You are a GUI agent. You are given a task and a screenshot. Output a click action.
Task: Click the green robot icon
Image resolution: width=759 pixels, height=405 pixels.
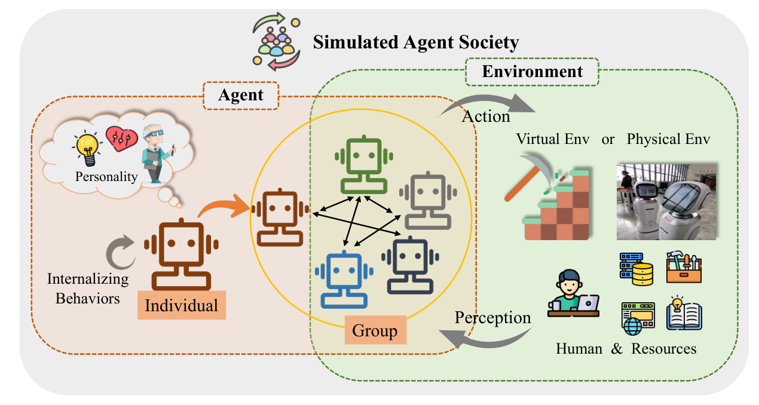pyautogui.click(x=364, y=165)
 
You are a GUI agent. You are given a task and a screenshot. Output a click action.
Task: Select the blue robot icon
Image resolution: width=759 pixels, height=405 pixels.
pyautogui.click(x=344, y=280)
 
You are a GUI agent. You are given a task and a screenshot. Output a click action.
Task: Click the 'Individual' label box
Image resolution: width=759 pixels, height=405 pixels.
pyautogui.click(x=182, y=305)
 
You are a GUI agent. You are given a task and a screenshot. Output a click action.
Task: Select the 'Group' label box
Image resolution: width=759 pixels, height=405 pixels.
pyautogui.click(x=375, y=330)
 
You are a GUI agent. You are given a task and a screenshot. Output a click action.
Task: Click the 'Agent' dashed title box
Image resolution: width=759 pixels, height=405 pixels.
pyautogui.click(x=241, y=95)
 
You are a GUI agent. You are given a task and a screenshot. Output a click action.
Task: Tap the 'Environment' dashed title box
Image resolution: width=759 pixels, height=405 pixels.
pyautogui.click(x=532, y=72)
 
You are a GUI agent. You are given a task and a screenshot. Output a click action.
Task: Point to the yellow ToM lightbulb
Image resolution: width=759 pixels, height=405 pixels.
pyautogui.click(x=88, y=149)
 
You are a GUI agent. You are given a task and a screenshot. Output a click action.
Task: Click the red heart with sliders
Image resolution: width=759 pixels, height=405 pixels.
pyautogui.click(x=122, y=139)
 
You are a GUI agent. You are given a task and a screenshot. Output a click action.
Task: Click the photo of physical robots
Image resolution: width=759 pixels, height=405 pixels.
pyautogui.click(x=666, y=202)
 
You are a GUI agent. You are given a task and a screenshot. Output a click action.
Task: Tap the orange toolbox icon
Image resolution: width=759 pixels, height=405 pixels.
pyautogui.click(x=684, y=267)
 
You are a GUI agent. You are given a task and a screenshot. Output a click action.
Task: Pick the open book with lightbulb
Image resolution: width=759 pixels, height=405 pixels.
pyautogui.click(x=684, y=313)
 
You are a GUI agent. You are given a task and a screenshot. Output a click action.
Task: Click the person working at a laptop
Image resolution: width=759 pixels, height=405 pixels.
pyautogui.click(x=573, y=293)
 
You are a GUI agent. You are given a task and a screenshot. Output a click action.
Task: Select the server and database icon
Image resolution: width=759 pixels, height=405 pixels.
pyautogui.click(x=636, y=269)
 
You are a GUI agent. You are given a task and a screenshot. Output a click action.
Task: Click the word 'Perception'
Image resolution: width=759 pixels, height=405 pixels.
pyautogui.click(x=492, y=318)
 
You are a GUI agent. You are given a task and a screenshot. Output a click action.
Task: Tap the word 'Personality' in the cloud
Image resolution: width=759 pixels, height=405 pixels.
pyautogui.click(x=106, y=177)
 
